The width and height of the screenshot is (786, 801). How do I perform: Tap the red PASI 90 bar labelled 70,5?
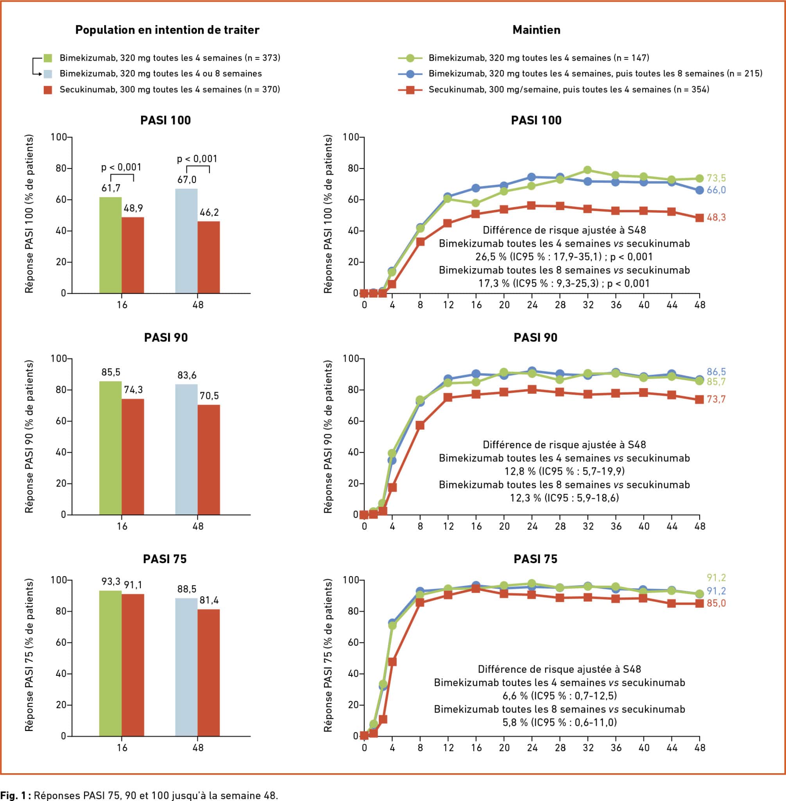point(209,460)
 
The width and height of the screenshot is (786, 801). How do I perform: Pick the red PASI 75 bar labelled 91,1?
point(133,665)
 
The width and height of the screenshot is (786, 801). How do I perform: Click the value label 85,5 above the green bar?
point(111,372)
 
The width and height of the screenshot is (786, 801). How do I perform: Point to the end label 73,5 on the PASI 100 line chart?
point(716,178)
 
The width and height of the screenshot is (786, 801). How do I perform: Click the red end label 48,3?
point(716,217)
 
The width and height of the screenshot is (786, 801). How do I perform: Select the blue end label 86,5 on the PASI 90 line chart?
point(716,372)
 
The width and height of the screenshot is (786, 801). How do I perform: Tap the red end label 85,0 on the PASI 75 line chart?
point(716,603)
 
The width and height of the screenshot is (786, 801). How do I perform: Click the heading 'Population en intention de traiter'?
point(167,30)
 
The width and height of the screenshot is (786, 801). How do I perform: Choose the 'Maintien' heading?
point(536,30)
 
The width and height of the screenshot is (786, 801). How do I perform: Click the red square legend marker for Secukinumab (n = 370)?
point(48,90)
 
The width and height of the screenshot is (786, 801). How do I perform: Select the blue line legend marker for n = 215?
point(410,74)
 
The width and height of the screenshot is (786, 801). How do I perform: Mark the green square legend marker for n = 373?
point(48,58)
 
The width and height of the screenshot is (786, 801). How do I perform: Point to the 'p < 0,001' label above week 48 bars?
point(197,159)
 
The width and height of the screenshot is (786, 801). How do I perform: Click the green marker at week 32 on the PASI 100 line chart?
point(587,170)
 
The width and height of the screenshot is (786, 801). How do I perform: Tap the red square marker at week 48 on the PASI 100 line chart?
point(699,218)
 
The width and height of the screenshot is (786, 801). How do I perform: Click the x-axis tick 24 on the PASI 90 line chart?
point(532,526)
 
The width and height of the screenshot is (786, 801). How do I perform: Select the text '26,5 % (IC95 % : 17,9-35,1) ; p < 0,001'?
point(564,257)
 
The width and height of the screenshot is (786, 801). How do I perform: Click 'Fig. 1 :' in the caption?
point(15,796)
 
